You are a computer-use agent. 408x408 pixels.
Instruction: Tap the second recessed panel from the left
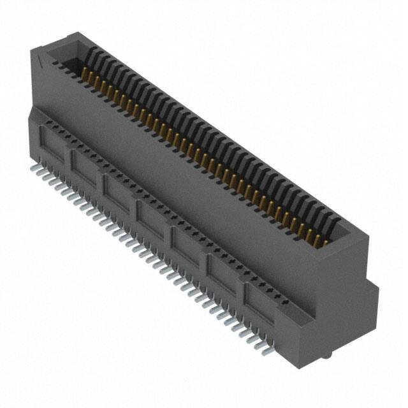click(x=85, y=167)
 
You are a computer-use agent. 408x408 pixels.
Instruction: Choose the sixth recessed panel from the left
click(x=222, y=268)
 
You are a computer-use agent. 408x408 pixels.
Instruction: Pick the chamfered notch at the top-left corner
click(x=39, y=61)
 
